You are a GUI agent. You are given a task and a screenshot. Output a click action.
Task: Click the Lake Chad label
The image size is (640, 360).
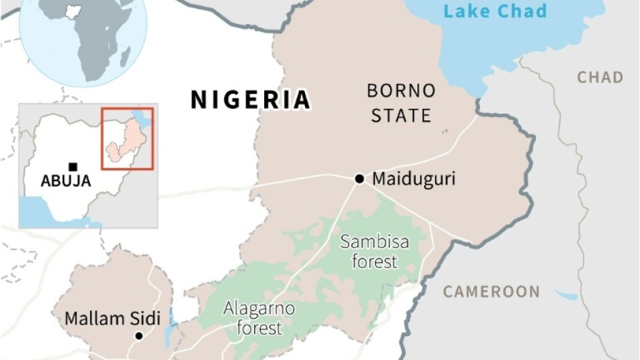pyautogui.click(x=495, y=11)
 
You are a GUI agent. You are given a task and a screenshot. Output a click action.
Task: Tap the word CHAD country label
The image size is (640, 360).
pyautogui.click(x=600, y=77)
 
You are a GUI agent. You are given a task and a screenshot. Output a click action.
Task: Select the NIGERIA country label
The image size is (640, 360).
pyautogui.click(x=251, y=99)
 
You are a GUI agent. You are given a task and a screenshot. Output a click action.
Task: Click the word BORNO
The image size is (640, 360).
pyautogui.click(x=401, y=90)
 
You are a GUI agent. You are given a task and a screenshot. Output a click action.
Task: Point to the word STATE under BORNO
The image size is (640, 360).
pyautogui.click(x=401, y=115)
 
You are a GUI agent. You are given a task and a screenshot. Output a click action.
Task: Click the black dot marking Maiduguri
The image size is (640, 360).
pyautogui.click(x=359, y=179)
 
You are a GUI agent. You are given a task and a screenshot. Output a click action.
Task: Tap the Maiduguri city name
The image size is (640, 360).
pyautogui.click(x=413, y=179)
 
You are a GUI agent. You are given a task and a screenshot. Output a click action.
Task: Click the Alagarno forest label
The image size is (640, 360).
pyautogui.click(x=259, y=318)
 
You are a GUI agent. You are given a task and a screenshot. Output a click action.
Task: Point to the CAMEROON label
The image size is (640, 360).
pyautogui.click(x=491, y=292)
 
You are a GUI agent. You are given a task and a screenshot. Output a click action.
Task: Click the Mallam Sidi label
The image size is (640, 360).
pyautogui.click(x=112, y=318)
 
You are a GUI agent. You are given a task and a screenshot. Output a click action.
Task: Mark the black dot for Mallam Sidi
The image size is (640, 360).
pyautogui.click(x=139, y=336)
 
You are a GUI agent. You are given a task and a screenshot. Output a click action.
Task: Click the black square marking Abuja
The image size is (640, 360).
pyautogui.click(x=73, y=167)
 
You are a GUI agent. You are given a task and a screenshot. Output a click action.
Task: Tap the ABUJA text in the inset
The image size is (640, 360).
pyautogui.click(x=66, y=181)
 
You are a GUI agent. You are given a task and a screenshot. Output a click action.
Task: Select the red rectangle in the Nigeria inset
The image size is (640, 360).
pyautogui.click(x=127, y=138)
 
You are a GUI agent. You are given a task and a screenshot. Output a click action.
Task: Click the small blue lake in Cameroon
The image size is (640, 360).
pyautogui.click(x=567, y=296)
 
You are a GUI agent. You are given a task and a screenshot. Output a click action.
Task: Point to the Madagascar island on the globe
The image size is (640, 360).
pyautogui.click(x=126, y=57)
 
